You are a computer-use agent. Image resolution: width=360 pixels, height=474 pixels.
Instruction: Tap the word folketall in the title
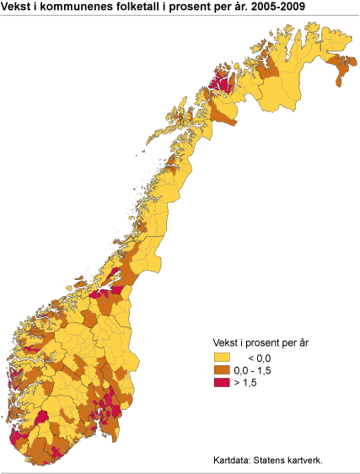138,8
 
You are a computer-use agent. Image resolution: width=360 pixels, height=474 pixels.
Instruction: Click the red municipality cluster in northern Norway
222,83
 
